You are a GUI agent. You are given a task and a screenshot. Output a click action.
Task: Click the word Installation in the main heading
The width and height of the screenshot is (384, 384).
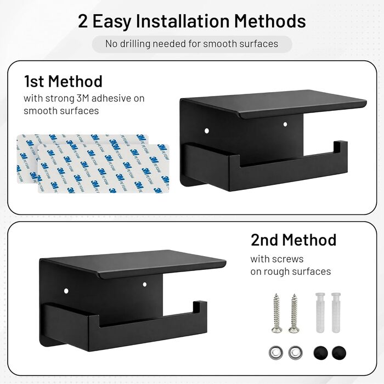pyautogui.click(x=183, y=21)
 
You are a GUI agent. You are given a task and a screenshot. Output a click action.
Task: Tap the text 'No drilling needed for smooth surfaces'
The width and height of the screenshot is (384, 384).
pyautogui.click(x=192, y=44)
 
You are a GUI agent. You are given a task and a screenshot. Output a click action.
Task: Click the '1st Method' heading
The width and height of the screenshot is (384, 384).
pyautogui.click(x=63, y=81)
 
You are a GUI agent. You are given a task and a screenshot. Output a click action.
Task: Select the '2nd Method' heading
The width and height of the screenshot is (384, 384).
pyautogui.click(x=293, y=240)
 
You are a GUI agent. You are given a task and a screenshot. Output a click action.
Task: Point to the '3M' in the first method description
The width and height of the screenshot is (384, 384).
pyautogui.click(x=83, y=98)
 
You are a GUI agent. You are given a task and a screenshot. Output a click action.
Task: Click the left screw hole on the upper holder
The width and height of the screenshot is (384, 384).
pyautogui.click(x=207, y=131)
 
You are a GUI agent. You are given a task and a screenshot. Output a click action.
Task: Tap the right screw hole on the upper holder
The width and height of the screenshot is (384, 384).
pyautogui.click(x=285, y=125)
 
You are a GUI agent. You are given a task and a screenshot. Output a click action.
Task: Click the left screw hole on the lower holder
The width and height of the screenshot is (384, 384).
pyautogui.click(x=66, y=291)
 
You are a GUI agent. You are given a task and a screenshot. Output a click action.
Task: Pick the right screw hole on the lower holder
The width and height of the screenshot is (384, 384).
pyautogui.click(x=144, y=285)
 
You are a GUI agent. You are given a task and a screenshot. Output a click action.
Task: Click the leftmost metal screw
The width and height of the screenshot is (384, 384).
pyautogui.click(x=276, y=313)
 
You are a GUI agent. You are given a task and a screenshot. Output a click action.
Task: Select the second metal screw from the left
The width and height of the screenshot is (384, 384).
pyautogui.click(x=293, y=313)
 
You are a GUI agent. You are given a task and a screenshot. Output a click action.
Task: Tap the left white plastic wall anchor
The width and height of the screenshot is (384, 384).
pyautogui.click(x=320, y=313)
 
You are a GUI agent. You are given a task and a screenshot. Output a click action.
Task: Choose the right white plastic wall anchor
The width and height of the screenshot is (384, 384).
pyautogui.click(x=336, y=313)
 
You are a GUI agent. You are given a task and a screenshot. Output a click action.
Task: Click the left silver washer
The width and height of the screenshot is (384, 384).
pyautogui.click(x=276, y=353)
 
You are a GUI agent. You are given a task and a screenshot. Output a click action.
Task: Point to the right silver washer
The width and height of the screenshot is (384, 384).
pyautogui.click(x=295, y=353)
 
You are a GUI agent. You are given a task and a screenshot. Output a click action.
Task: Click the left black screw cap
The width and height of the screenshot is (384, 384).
pyautogui.click(x=320, y=353)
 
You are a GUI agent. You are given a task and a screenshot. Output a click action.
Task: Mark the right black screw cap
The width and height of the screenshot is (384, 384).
pyautogui.click(x=339, y=353)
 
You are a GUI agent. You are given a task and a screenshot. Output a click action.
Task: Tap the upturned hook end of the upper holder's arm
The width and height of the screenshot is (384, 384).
pyautogui.click(x=341, y=147)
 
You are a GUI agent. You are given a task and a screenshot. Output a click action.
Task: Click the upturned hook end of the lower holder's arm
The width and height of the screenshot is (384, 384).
pyautogui.click(x=200, y=307)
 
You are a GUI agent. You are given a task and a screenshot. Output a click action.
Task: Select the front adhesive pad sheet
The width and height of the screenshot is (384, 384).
pyautogui.click(x=103, y=168)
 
